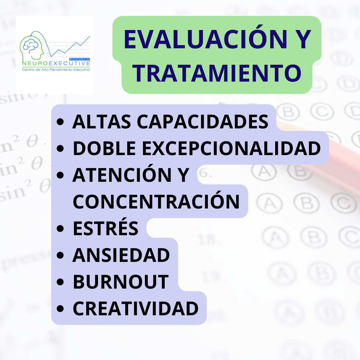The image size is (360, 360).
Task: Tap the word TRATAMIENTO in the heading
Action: (217, 73)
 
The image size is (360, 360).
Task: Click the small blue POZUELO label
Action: (79, 59)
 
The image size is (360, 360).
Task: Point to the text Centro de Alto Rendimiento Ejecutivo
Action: (56, 70)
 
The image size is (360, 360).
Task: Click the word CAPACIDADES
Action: (203, 122)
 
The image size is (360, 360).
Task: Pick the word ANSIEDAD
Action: (121, 255)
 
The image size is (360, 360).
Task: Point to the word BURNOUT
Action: (121, 282)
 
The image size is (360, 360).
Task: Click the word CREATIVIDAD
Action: (136, 308)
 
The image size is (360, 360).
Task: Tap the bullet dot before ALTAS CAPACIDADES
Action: (60, 122)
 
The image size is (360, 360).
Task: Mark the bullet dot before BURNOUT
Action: (60, 282)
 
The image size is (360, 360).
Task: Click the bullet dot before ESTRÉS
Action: (60, 228)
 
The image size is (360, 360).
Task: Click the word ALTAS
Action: (102, 122)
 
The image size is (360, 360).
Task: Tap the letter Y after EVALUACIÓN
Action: (301, 39)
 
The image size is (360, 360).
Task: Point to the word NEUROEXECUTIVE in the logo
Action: (56, 64)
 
